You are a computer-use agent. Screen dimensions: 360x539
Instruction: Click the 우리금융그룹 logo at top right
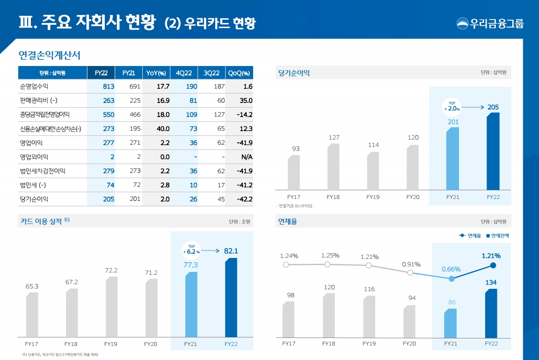(490, 23)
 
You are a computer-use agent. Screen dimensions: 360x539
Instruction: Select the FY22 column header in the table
(101, 73)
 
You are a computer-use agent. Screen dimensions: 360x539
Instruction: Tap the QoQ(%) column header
(239, 73)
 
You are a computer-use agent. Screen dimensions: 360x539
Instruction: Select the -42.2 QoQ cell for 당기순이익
(244, 199)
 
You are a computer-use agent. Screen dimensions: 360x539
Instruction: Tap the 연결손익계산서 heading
(50, 55)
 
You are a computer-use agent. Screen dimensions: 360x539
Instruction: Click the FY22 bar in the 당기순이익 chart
(493, 151)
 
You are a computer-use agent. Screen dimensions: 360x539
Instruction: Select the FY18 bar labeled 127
(333, 167)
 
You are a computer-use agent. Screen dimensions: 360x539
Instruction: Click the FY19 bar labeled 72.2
(111, 307)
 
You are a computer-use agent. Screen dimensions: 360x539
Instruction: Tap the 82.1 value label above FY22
(231, 251)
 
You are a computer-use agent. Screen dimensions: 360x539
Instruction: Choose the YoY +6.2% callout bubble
(191, 249)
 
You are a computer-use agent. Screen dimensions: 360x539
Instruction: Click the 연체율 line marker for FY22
(493, 265)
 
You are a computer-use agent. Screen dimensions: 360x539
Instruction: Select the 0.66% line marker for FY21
(452, 279)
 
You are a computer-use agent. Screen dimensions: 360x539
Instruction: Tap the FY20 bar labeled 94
(409, 321)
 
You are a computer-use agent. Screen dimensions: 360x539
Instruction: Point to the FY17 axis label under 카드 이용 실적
(31, 344)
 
